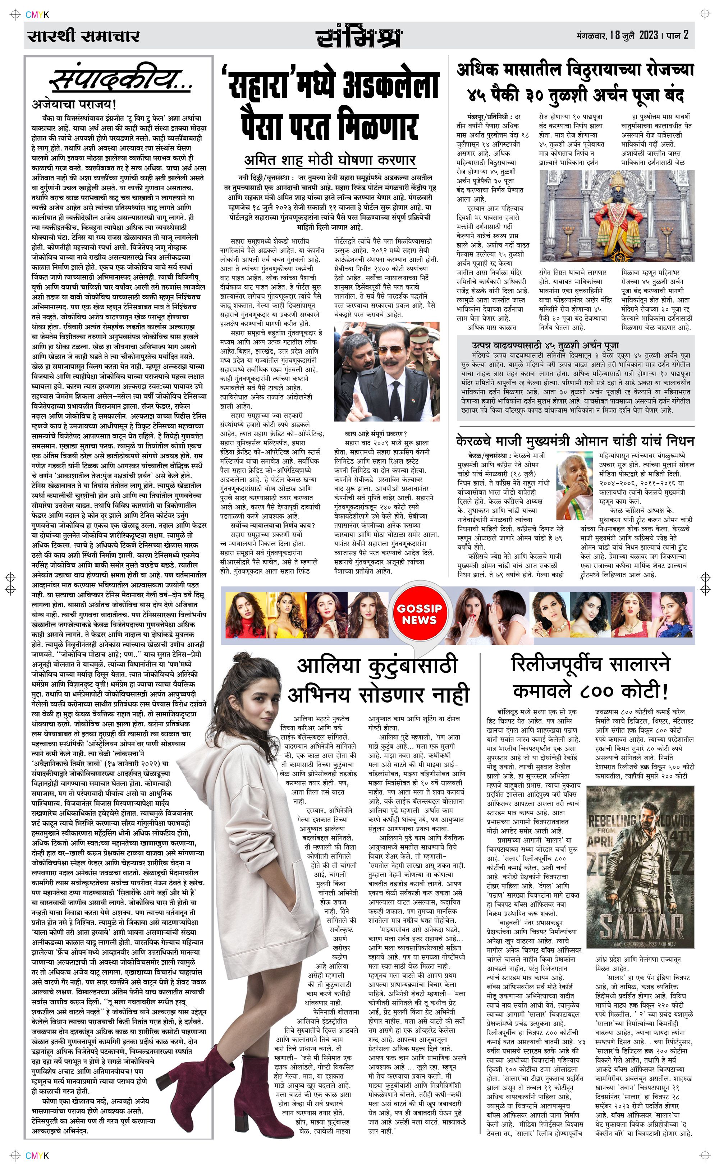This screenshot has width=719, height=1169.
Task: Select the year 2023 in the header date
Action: (x=649, y=35)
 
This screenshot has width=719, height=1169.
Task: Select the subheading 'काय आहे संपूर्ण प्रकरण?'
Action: (x=376, y=433)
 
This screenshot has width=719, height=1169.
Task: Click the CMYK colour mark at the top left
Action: (x=37, y=15)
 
